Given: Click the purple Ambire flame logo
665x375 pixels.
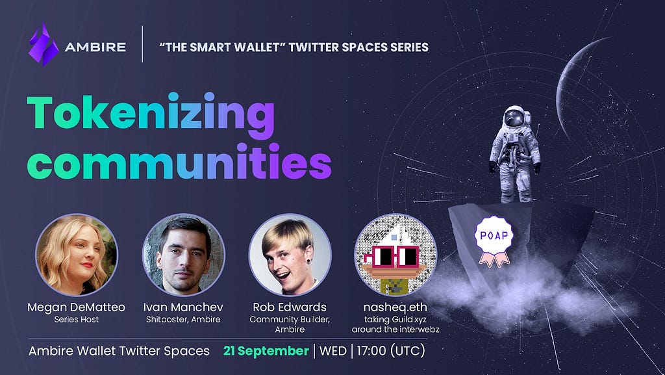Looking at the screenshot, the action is pyautogui.click(x=44, y=45).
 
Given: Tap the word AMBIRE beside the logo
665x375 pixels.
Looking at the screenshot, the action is pyautogui.click(x=95, y=47).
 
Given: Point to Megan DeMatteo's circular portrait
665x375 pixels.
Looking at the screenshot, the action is pyautogui.click(x=77, y=255).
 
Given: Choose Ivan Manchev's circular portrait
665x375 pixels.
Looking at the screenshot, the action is pyautogui.click(x=184, y=255).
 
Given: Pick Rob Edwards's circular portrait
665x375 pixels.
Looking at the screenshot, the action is pyautogui.click(x=290, y=255).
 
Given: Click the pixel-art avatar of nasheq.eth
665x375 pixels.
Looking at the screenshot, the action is pyautogui.click(x=395, y=255).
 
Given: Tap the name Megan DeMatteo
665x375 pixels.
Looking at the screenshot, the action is pyautogui.click(x=77, y=307).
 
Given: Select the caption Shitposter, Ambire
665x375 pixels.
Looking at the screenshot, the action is pyautogui.click(x=183, y=319).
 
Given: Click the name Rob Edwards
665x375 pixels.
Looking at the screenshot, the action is pyautogui.click(x=290, y=307).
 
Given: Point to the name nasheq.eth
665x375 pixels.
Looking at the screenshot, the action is pyautogui.click(x=395, y=307).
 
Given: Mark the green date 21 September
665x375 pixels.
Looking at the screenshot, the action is pyautogui.click(x=266, y=351).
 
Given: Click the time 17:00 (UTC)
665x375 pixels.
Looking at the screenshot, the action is pyautogui.click(x=390, y=351).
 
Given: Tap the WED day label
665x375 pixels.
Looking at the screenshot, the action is pyautogui.click(x=333, y=351).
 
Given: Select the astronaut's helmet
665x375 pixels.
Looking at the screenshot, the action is pyautogui.click(x=515, y=117).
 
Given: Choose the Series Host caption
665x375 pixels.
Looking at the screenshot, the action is pyautogui.click(x=77, y=319).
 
